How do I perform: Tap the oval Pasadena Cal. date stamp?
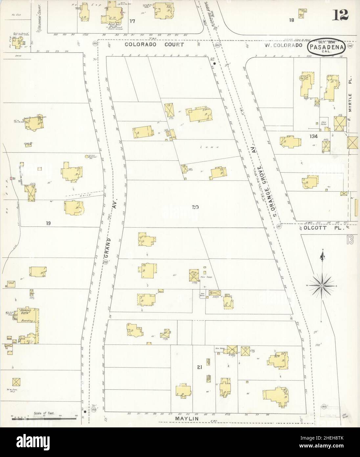click(x=326, y=47)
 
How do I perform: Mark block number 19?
click(x=48, y=224)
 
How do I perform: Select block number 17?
click(x=132, y=21)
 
